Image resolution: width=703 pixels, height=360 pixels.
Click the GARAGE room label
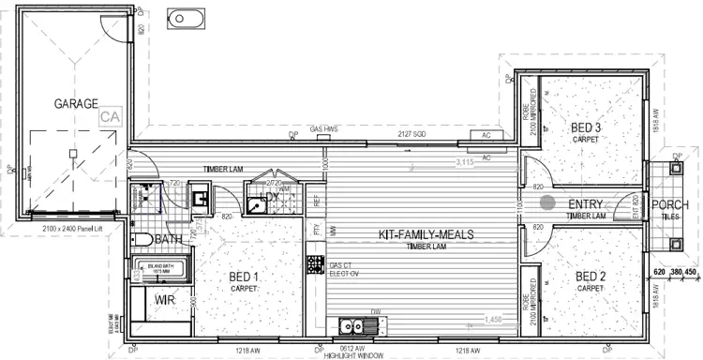pos(76,104)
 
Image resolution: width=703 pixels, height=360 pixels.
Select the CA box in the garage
pos(112,117)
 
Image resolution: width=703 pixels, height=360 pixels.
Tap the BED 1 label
pos(243,277)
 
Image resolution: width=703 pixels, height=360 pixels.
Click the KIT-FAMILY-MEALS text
pos(426,234)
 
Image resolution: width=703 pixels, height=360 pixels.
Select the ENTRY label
pos(587,204)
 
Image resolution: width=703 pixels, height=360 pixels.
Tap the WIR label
pos(165,301)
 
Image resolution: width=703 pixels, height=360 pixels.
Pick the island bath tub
pos(160,272)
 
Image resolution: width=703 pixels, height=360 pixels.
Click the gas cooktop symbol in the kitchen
pos(315,265)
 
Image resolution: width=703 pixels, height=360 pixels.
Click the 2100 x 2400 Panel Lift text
pos(72,228)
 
